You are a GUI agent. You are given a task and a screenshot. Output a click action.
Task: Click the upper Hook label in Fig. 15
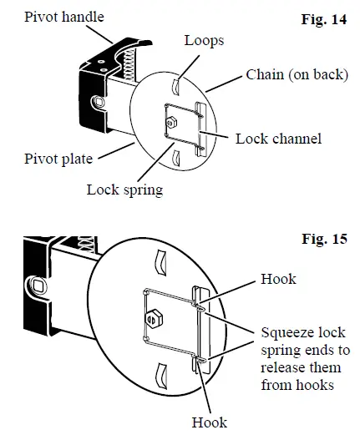(x=278, y=279)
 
